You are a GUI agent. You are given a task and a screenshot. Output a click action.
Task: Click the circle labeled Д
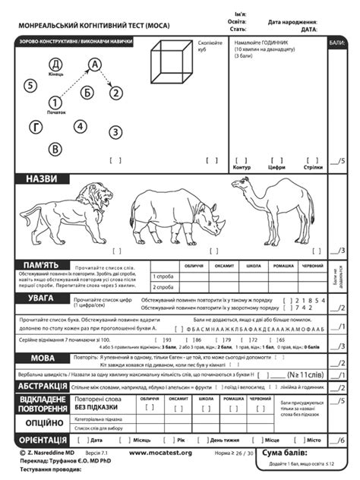click(x=55, y=64)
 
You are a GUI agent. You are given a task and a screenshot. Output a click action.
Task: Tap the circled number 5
click(x=30, y=85)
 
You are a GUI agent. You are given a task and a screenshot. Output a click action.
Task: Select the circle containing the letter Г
click(x=36, y=126)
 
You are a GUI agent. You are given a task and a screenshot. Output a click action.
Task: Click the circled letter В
click(x=55, y=150)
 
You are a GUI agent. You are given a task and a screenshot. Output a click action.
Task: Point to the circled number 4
click(x=81, y=126)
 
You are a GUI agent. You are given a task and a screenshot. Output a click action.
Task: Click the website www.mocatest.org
click(x=160, y=453)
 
